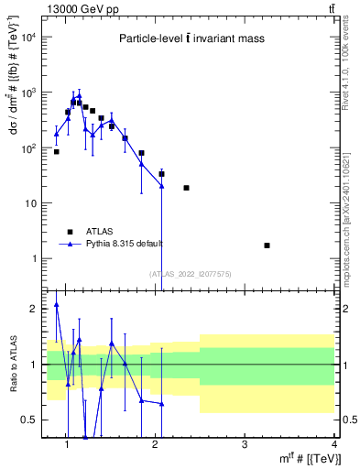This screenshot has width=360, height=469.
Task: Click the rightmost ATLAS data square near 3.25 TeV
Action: (x=267, y=245)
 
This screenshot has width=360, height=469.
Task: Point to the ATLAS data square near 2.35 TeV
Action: (x=186, y=188)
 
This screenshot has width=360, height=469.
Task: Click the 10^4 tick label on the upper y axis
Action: (x=30, y=38)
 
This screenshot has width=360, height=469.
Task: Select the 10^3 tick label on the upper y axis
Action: (x=30, y=93)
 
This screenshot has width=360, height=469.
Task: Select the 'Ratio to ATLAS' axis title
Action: (x=11, y=365)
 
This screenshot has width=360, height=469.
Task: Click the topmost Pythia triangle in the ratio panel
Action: (x=57, y=304)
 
